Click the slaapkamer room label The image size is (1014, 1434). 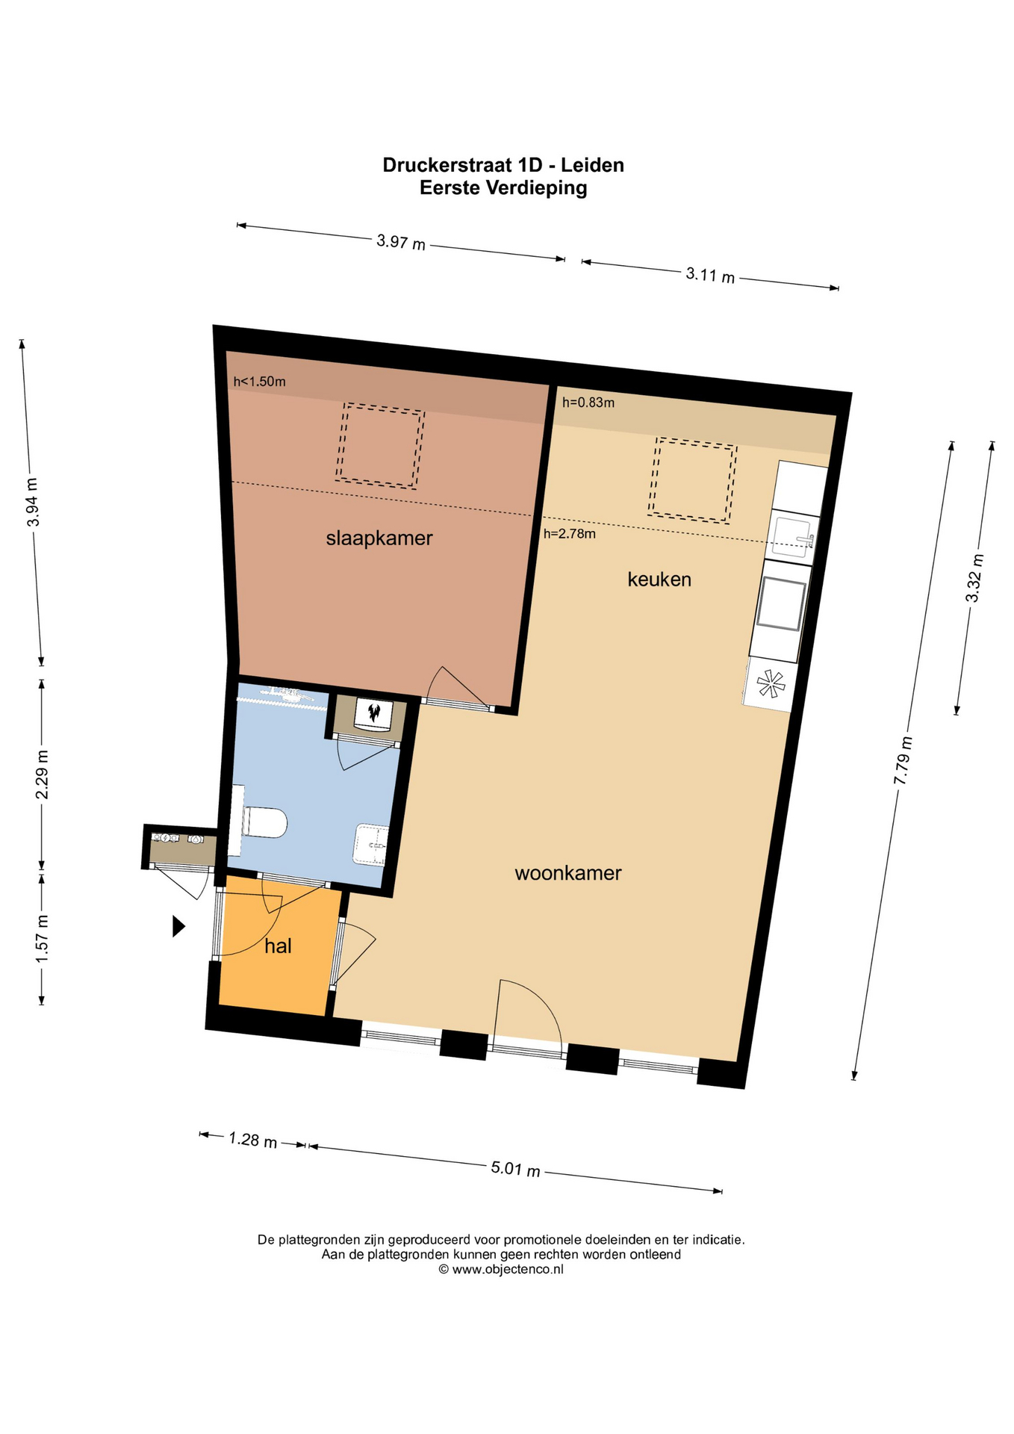coord(379,538)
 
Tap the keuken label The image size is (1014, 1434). coord(659,579)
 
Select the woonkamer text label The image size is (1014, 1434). coord(568,873)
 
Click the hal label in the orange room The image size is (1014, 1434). coord(278,946)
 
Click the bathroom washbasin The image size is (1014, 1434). coord(371,845)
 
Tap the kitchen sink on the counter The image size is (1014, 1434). coord(793,537)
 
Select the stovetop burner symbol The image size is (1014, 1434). coord(770,684)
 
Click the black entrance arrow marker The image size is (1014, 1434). coord(178,926)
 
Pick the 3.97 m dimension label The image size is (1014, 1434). coord(401,242)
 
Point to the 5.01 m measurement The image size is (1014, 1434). coord(515,1168)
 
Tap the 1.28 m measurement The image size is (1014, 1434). coord(252,1140)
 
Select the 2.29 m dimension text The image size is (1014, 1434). coord(42,775)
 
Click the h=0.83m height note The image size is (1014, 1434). coord(588,403)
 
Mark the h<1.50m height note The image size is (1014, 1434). coord(259,382)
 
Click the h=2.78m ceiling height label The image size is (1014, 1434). coord(570,534)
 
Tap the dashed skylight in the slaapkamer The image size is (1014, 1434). coord(380,446)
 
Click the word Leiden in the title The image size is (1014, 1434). coord(593,165)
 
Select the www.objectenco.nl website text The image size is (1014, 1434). coord(507,1269)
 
